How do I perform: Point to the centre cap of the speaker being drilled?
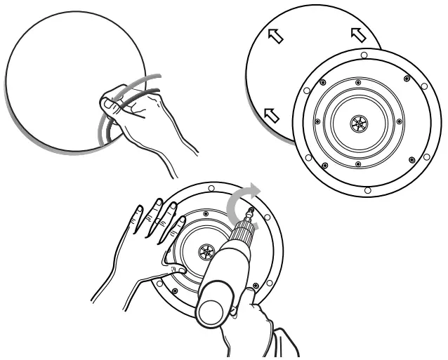click(206, 250)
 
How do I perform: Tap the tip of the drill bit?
click(250, 210)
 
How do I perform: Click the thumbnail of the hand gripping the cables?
click(107, 105)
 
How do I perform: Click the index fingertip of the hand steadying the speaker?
click(181, 222)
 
